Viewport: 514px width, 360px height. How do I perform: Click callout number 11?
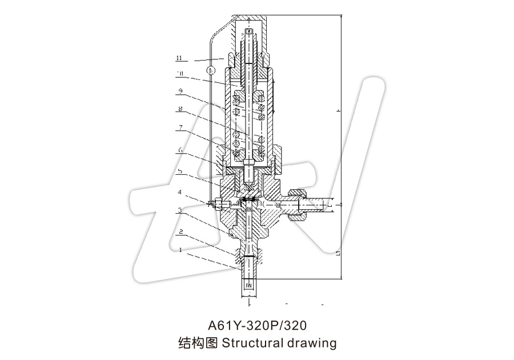(x=179, y=58)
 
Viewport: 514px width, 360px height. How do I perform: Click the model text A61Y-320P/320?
(x=257, y=326)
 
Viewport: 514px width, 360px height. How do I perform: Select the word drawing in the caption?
(x=313, y=343)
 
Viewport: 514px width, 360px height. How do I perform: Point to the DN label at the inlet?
(x=248, y=284)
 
